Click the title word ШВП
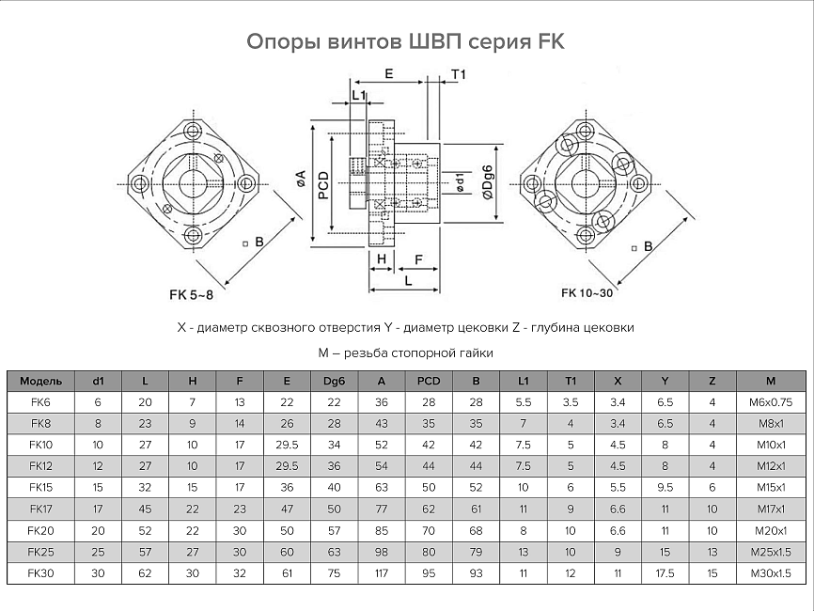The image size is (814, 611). [x=436, y=42]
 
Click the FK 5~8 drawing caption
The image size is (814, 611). [x=191, y=295]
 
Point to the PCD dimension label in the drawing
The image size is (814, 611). [x=322, y=184]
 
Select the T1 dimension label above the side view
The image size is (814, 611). [x=459, y=74]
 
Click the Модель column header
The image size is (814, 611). [x=40, y=381]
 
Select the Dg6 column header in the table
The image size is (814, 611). [x=334, y=381]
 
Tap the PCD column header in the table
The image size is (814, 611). [x=429, y=381]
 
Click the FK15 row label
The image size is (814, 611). [x=40, y=488]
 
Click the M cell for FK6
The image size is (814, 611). [x=771, y=402]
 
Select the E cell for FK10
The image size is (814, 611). [x=287, y=446]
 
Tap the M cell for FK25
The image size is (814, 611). [x=771, y=552]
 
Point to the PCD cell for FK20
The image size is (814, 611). [x=429, y=531]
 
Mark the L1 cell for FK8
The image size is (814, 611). [x=523, y=424]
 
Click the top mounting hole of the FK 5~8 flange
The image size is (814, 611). [x=193, y=130]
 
